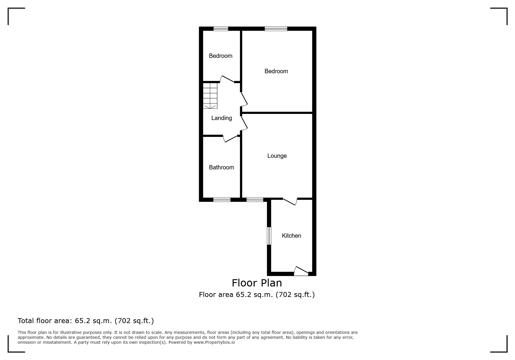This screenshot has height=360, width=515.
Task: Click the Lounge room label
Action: tap(277, 156)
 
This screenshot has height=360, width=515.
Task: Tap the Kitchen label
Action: tap(291, 236)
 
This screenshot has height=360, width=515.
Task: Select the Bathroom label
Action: tap(221, 167)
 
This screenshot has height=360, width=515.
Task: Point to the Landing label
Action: tap(222, 118)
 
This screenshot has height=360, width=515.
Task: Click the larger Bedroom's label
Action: tap(276, 71)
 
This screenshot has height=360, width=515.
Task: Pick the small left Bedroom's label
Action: tap(221, 56)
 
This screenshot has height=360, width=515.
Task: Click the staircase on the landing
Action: tap(210, 96)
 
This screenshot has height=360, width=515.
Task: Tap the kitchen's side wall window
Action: tap(269, 236)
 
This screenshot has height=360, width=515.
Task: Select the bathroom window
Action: tap(222, 200)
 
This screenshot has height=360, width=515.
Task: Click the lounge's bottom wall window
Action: tap(255, 200)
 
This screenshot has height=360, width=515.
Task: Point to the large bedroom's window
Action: tap(276, 29)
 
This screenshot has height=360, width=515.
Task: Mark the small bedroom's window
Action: tap(221, 29)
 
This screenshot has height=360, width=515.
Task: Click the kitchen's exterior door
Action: tap(301, 271)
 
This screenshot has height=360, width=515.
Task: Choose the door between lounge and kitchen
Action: tap(290, 201)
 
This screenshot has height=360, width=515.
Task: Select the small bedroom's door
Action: tap(227, 79)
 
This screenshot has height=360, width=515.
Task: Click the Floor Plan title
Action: tap(257, 283)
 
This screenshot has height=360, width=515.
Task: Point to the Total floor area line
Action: tap(86, 321)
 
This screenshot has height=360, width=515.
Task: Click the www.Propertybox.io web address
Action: tap(214, 342)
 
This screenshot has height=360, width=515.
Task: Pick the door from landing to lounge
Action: tap(244, 123)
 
